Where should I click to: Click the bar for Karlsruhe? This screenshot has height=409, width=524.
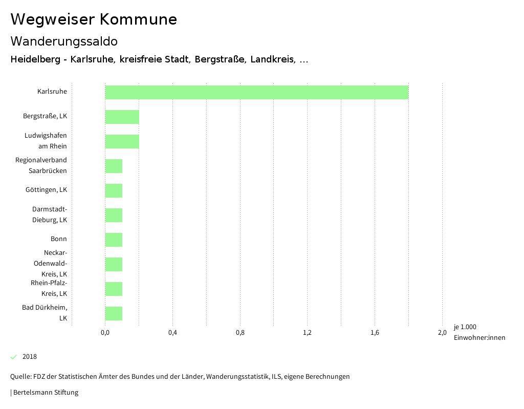[x=256, y=92]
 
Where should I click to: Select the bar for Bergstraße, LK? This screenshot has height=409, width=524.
[x=122, y=117]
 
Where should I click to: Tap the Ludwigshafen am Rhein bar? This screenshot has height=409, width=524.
[x=122, y=141]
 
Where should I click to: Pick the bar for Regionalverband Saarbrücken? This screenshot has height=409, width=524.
[x=114, y=166]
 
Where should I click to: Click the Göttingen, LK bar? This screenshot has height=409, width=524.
[x=114, y=190]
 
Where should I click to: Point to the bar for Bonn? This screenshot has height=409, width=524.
[x=114, y=240]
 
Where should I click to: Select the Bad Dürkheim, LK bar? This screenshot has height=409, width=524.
[x=114, y=313]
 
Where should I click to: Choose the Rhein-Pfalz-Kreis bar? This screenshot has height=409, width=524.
[x=114, y=289]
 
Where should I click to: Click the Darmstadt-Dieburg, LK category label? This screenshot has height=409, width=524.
[x=50, y=214]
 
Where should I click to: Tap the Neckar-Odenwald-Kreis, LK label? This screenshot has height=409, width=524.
[x=55, y=263]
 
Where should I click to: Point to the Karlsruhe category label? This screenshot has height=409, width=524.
[x=52, y=92]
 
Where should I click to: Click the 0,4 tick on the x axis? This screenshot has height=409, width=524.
[x=172, y=333]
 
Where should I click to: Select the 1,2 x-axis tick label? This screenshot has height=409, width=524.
[x=307, y=333]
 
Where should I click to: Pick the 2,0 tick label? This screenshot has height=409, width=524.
[x=442, y=333]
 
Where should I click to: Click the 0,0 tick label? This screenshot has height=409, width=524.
[x=105, y=333]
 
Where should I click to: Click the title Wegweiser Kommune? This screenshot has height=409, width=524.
[x=94, y=19]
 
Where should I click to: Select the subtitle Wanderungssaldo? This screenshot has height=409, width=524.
[x=64, y=41]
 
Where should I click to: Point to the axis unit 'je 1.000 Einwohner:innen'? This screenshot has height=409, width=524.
[x=479, y=332]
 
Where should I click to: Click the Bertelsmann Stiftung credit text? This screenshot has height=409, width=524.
[x=45, y=393]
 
